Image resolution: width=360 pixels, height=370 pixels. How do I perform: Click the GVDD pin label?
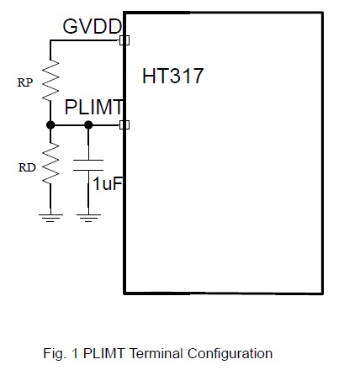point(93,27)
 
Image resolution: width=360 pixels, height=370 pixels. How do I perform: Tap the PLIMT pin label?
point(93,107)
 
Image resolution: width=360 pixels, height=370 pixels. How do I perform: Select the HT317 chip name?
point(172,76)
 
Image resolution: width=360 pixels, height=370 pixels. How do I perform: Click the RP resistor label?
point(25,82)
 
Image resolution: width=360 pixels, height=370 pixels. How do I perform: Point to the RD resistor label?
point(27,167)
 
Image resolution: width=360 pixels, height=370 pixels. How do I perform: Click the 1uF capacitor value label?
point(108,183)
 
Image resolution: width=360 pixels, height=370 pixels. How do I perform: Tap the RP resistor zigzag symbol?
point(50,80)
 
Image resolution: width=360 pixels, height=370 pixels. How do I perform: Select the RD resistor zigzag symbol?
point(50,163)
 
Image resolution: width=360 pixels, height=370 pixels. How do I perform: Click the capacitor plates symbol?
point(88,165)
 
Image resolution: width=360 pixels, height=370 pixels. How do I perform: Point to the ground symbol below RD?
point(50,218)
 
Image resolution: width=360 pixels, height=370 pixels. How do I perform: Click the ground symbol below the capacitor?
point(88,218)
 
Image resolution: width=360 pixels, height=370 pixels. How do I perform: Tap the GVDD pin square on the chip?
point(124,40)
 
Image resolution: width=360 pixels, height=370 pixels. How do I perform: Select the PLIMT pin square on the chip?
point(124,124)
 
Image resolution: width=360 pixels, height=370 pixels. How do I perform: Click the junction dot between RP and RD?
point(50,124)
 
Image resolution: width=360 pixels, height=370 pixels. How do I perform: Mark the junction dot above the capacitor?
point(88,124)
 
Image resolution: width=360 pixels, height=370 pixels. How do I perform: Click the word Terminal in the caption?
point(156,353)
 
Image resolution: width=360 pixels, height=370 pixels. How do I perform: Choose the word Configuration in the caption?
point(230,354)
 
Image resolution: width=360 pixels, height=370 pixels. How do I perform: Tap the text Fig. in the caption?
point(55,354)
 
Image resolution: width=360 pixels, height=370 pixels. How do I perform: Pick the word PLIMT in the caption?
point(103,353)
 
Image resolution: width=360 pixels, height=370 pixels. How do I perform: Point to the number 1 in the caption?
point(75,353)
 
